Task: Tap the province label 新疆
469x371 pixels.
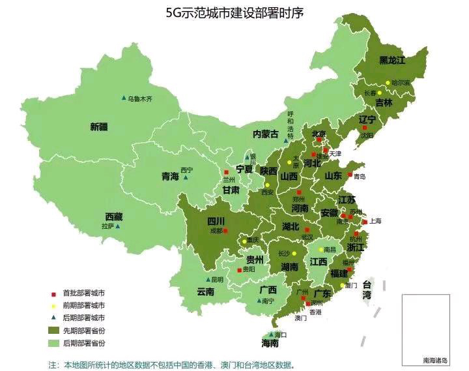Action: click(99, 126)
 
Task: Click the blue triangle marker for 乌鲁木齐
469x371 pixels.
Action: click(124, 98)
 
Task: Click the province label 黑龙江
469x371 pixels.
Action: click(392, 60)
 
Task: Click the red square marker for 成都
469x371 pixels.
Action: click(225, 230)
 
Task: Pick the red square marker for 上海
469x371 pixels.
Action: click(364, 220)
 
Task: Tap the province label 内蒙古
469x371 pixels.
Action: click(266, 134)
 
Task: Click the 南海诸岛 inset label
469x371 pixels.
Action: click(435, 360)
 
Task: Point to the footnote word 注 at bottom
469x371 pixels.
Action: click(52, 365)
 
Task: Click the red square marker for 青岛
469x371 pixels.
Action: click(349, 175)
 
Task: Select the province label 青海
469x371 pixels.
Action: click(170, 176)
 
